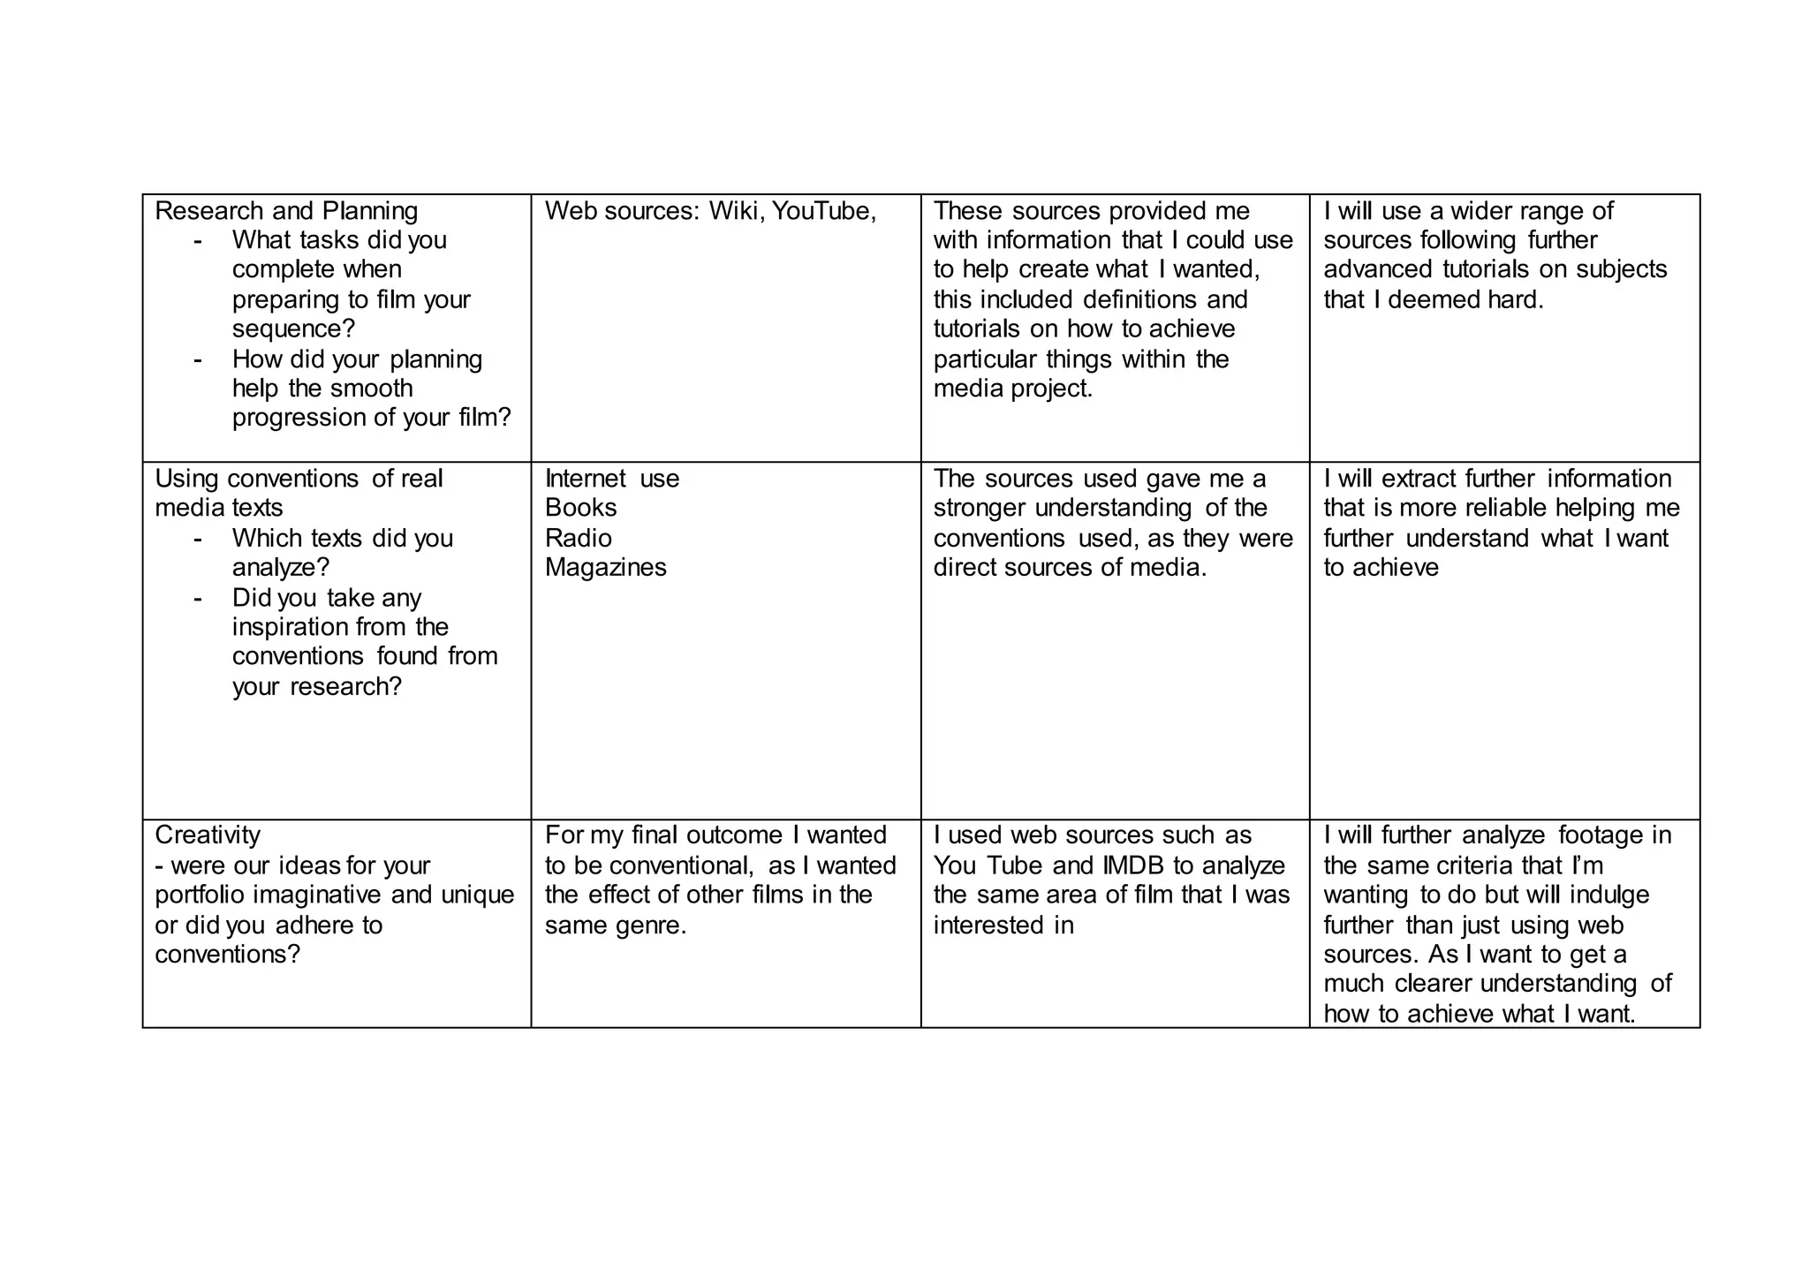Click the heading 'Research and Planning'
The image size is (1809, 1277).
pyautogui.click(x=286, y=211)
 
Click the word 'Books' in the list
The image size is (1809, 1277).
pyautogui.click(x=580, y=508)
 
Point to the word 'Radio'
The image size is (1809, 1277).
pyautogui.click(x=578, y=538)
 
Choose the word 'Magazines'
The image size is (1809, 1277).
pyautogui.click(x=605, y=567)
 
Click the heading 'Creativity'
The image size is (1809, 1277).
pyautogui.click(x=208, y=835)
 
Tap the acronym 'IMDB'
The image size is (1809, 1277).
pyautogui.click(x=1134, y=865)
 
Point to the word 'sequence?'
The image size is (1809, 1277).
pyautogui.click(x=293, y=329)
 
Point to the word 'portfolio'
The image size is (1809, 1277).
pyautogui.click(x=201, y=895)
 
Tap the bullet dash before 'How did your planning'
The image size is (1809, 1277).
pyautogui.click(x=197, y=359)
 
